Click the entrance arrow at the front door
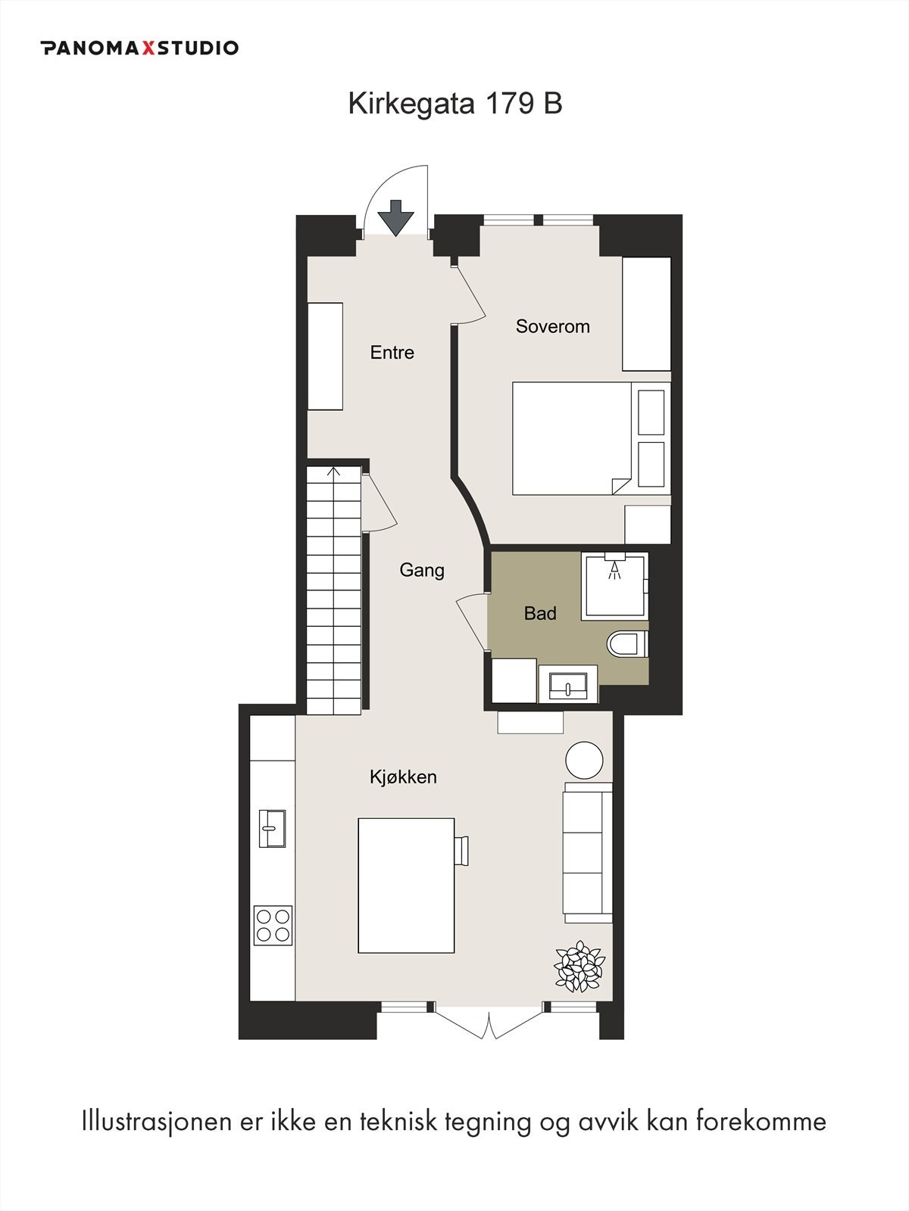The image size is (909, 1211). tap(396, 218)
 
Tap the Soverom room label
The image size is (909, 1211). tap(552, 326)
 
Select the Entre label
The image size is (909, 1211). tap(392, 352)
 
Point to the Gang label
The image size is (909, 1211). tap(422, 570)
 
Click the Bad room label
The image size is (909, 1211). tap(540, 613)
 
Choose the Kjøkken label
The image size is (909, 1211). tap(403, 777)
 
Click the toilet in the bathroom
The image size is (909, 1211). tap(626, 645)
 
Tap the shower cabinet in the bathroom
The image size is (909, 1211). tap(614, 585)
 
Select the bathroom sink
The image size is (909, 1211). tap(567, 684)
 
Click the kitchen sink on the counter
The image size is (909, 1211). tap(272, 828)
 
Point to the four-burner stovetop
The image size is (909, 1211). tap(273, 924)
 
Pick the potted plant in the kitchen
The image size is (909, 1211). tap(579, 967)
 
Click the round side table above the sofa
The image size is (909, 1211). tap(585, 760)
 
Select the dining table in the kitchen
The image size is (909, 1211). tap(406, 885)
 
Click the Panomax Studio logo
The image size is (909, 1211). tap(140, 48)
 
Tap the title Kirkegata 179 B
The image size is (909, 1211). tap(454, 104)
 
